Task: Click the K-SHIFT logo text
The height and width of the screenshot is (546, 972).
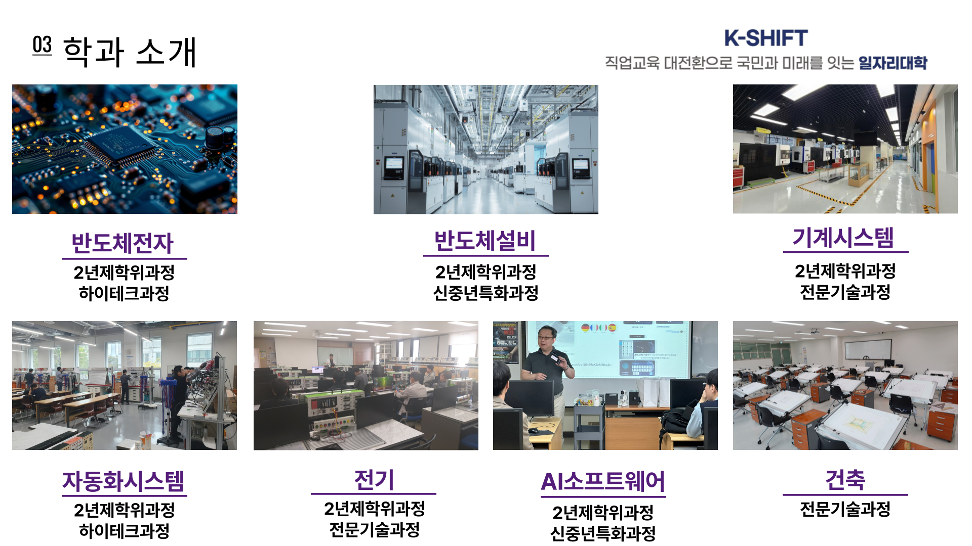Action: click(765, 38)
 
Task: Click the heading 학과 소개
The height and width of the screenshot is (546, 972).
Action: click(130, 52)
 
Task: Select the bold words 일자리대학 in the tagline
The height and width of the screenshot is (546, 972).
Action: click(893, 63)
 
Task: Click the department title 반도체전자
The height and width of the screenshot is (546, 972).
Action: click(123, 243)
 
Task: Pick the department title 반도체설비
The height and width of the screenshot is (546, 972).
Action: click(485, 241)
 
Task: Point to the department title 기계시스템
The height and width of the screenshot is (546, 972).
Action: click(843, 237)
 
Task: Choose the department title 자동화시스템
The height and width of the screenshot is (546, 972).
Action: click(124, 481)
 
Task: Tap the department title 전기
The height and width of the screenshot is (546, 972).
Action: click(374, 480)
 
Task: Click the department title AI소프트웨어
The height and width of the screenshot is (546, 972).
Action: click(603, 482)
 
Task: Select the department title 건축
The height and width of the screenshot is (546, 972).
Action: click(845, 480)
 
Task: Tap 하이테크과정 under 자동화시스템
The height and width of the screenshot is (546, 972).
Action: click(124, 531)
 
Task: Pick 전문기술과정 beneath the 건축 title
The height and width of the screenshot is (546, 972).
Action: click(845, 509)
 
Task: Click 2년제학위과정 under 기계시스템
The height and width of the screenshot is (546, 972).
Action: click(845, 271)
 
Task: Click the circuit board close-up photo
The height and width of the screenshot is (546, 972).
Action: click(125, 149)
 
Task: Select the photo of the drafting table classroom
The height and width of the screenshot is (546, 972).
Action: click(845, 385)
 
